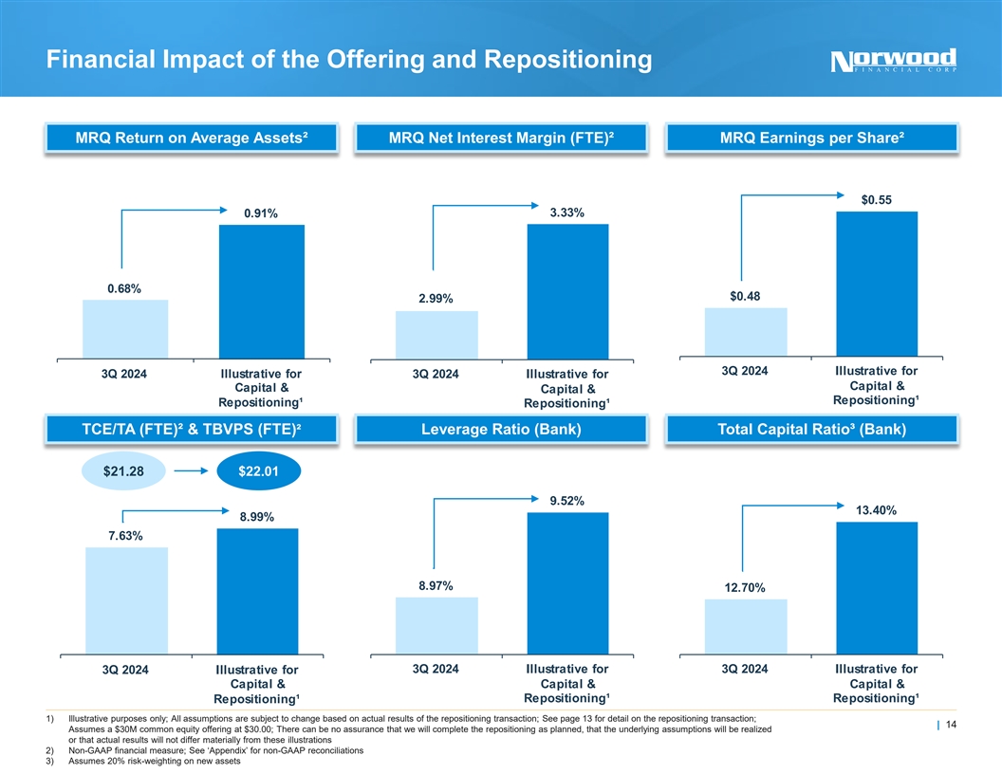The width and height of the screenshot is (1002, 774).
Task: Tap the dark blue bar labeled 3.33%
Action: coord(567,291)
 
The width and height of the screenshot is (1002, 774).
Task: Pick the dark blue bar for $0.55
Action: coord(877,284)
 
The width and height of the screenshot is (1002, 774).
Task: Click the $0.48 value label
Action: coord(746,297)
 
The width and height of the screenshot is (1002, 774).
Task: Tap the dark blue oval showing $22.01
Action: coord(257,472)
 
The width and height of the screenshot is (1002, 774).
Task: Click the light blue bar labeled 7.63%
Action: coord(126,599)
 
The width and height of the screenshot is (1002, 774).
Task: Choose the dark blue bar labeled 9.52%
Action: coord(567,582)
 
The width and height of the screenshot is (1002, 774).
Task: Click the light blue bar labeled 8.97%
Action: coord(436,625)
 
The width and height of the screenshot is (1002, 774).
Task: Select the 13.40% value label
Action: coord(876,510)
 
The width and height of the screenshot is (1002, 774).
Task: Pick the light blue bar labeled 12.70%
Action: coord(746,626)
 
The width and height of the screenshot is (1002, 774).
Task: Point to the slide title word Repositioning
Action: coord(567,60)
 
